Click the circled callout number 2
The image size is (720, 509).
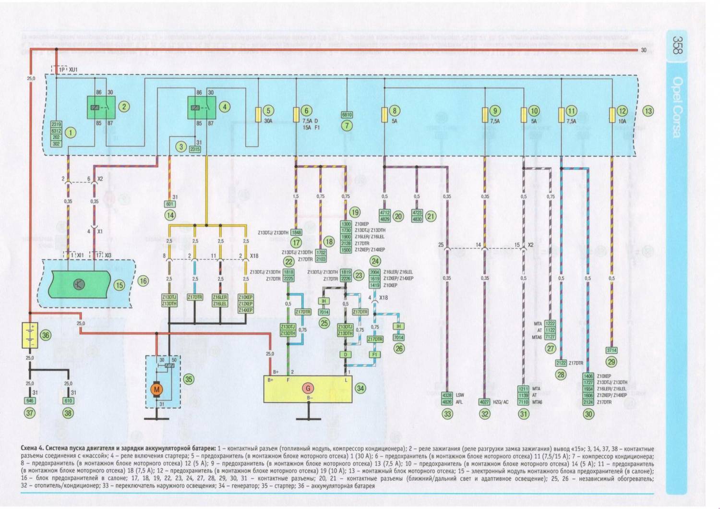pos(124,107)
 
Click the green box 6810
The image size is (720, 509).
pos(347,115)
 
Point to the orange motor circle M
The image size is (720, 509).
pos(156,389)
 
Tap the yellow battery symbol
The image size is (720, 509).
pos(30,336)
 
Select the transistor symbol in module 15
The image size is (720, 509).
pos(77,284)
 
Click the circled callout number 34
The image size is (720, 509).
pos(360,388)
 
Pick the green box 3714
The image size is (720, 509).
pos(612,351)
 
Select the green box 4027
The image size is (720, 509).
pos(485,402)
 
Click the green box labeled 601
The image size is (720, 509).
pos(170,204)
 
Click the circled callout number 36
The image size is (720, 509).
pos(46,336)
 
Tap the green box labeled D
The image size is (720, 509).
pos(344,354)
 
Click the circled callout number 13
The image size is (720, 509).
pos(648,111)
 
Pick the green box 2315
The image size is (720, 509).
pos(195,149)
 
